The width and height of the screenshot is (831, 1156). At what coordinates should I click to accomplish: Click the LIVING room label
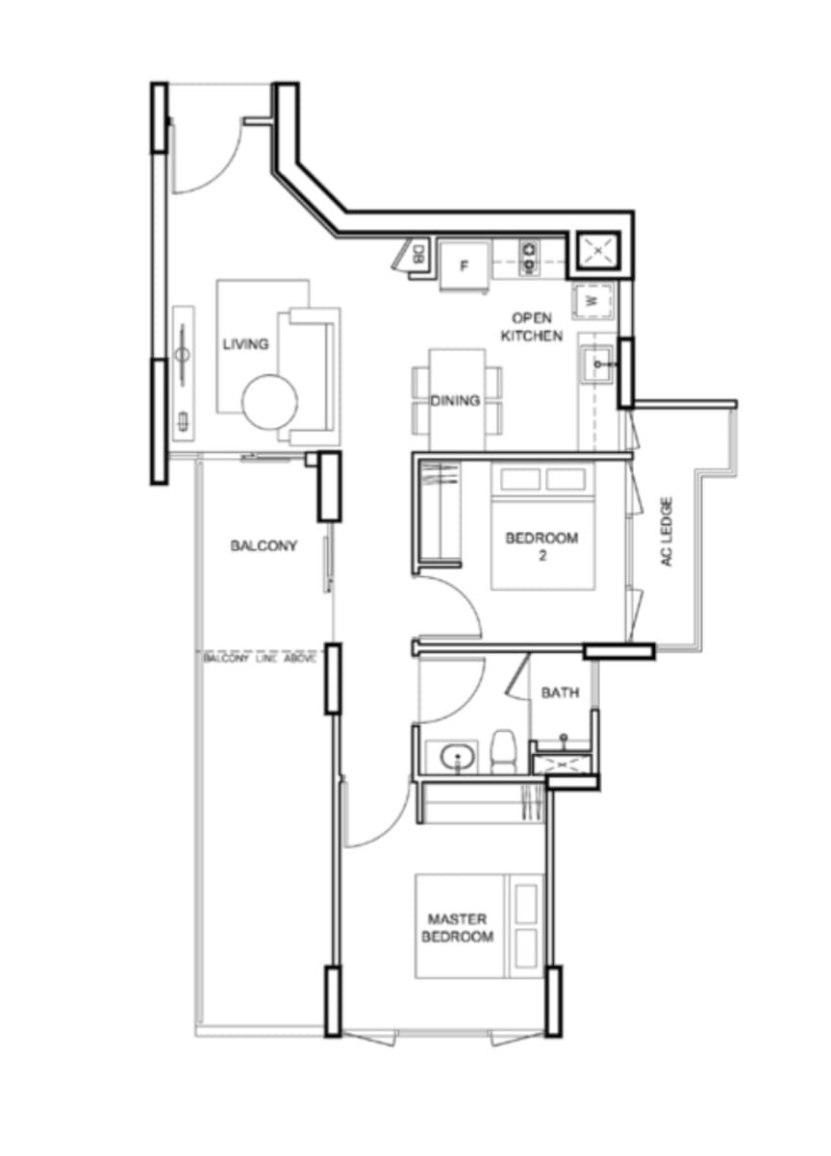point(245,343)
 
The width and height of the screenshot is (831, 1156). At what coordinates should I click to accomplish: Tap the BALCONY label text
point(264,545)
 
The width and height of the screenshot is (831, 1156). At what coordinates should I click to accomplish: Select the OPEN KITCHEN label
point(531,327)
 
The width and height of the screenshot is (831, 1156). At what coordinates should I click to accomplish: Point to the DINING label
point(455,400)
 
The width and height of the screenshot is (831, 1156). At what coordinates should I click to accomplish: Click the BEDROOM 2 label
point(541,546)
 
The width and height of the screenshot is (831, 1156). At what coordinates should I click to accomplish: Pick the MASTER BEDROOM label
point(457,927)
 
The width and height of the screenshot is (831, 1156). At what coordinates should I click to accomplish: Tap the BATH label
point(560,692)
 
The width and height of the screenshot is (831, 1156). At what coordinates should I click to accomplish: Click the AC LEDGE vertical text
point(667,532)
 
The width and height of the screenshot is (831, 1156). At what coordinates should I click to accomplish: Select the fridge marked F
point(463,265)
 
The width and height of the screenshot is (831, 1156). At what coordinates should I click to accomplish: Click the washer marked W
point(593,300)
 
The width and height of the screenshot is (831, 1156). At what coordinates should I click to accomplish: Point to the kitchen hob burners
point(529,257)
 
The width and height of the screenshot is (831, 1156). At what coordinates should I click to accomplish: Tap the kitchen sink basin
point(597,364)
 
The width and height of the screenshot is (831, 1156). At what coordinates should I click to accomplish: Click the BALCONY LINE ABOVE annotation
point(259,659)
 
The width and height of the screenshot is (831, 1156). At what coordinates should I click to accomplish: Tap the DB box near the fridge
point(419,254)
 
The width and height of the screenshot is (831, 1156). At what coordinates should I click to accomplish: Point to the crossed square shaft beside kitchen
point(598,251)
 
